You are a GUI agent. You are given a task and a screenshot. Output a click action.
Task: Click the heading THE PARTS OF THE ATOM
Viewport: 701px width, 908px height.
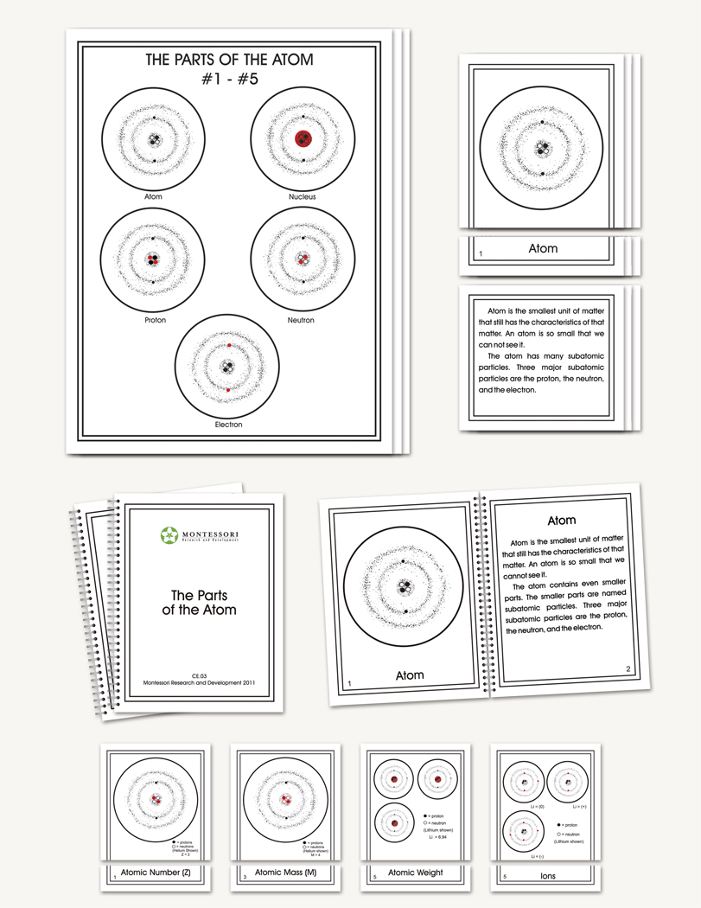point(229,61)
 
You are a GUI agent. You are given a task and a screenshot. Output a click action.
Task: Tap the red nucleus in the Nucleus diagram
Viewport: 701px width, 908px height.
point(303,138)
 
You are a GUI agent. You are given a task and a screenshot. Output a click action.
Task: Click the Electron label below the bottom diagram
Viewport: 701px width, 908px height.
point(228,425)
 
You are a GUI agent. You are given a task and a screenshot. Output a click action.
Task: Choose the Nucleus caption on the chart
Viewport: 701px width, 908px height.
point(303,197)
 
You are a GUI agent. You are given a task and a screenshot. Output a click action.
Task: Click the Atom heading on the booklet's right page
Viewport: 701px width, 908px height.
point(562,521)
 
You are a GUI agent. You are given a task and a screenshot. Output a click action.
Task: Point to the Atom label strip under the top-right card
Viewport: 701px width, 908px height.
point(543,248)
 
